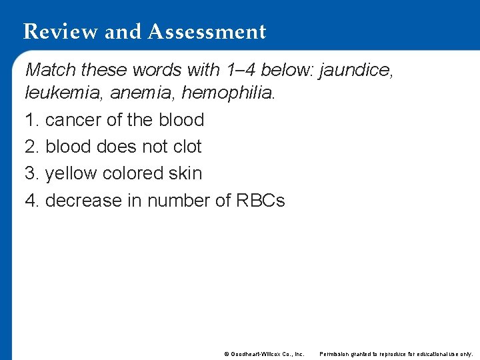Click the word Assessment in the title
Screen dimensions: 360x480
point(207,32)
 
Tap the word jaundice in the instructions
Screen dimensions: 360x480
point(357,69)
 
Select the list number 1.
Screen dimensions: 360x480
point(31,120)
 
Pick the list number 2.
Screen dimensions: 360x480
point(31,147)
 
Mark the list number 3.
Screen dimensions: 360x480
point(31,173)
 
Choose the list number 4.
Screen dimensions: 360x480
point(31,200)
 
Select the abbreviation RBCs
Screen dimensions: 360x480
point(261,200)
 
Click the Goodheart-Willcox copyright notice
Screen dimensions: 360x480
point(265,353)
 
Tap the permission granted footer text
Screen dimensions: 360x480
point(396,353)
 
